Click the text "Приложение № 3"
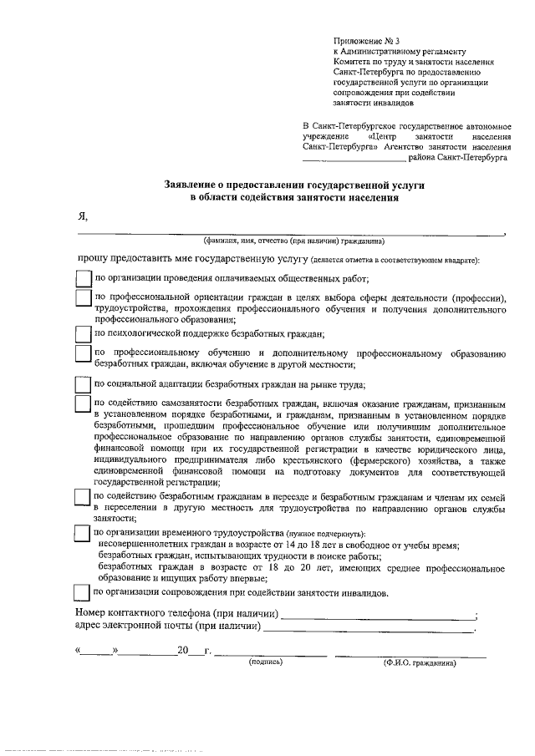pos(367,40)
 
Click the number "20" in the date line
pos(184,651)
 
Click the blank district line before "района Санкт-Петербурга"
pos(353,157)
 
